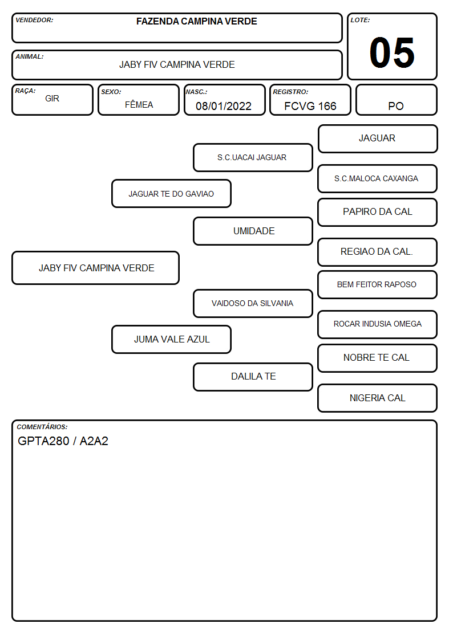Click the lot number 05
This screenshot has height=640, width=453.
tap(392, 52)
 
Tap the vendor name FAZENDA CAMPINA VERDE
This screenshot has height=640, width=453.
tap(196, 21)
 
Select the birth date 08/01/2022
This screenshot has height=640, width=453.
tap(224, 106)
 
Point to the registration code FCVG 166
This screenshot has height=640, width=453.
tap(310, 106)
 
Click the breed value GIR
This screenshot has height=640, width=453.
tap(52, 99)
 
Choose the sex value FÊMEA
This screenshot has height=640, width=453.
tap(139, 104)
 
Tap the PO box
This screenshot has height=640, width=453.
tap(396, 100)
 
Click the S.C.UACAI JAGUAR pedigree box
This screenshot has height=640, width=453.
tap(253, 157)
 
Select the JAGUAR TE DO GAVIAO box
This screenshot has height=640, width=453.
tap(171, 193)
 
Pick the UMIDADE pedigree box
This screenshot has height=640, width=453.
tap(253, 231)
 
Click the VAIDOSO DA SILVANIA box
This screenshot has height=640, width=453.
tap(253, 303)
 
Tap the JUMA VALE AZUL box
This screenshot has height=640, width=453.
tap(171, 339)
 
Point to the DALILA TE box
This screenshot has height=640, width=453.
tap(253, 377)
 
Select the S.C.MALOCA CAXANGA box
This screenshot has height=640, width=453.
tap(378, 178)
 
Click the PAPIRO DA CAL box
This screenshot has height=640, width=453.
tap(378, 212)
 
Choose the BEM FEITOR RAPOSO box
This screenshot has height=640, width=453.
tap(378, 284)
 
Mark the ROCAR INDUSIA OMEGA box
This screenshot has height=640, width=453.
tap(378, 324)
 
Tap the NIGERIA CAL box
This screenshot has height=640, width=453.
tap(378, 398)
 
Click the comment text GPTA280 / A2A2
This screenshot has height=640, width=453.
tap(63, 441)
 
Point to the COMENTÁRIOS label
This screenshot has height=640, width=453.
tap(42, 427)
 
